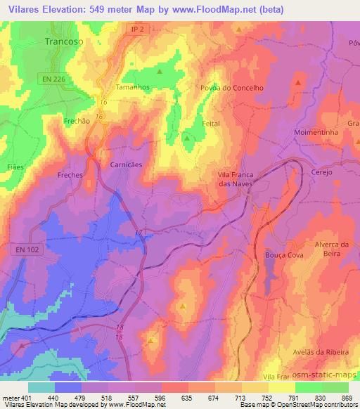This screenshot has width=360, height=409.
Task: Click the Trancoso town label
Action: (x=64, y=42)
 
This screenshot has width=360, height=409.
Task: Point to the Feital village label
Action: (x=211, y=123)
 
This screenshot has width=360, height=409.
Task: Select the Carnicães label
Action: (x=126, y=164)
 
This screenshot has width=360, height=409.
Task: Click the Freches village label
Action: (x=70, y=174)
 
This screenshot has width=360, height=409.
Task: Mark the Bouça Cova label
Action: (x=283, y=256)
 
